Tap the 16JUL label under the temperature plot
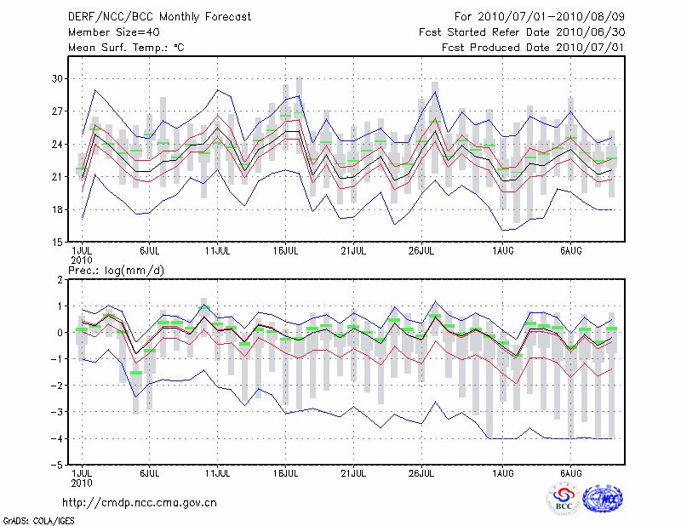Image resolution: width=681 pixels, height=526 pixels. pyautogui.click(x=285, y=251)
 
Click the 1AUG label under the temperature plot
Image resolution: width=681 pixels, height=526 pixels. pyautogui.click(x=503, y=251)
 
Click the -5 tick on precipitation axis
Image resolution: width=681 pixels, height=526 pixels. pyautogui.click(x=59, y=466)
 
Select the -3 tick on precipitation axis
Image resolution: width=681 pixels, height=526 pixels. pyautogui.click(x=59, y=413)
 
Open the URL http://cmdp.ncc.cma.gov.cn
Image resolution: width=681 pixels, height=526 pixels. pyautogui.click(x=140, y=502)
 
